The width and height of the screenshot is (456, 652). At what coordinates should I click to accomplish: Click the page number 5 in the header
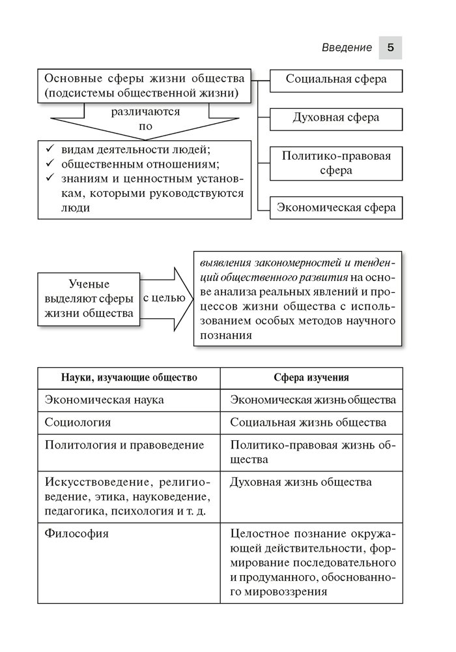[390, 48]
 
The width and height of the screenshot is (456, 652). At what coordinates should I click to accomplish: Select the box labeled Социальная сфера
[336, 80]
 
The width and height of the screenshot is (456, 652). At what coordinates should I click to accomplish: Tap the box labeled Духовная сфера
[336, 118]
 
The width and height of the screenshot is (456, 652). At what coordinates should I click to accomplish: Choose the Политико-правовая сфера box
[336, 163]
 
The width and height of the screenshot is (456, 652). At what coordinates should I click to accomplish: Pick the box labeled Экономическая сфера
[336, 209]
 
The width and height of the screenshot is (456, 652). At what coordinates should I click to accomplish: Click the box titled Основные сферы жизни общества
[144, 85]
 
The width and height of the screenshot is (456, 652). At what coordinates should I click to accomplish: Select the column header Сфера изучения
[311, 378]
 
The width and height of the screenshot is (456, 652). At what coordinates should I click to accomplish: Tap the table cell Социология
[78, 422]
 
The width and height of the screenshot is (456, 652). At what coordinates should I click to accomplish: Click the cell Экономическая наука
[104, 399]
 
